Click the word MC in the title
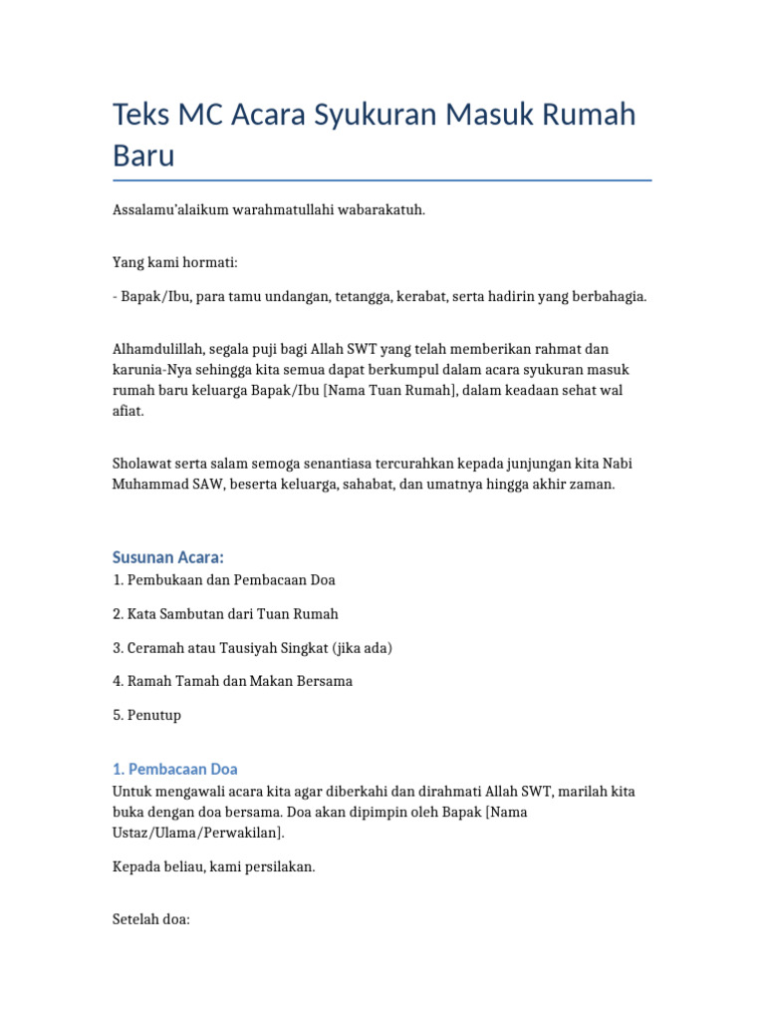201,116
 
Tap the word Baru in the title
143,156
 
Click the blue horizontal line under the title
382,180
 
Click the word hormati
208,263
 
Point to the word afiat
127,411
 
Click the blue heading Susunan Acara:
168,556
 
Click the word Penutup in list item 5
153,715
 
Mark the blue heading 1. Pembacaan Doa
175,769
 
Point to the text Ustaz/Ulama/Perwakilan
197,832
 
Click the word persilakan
281,866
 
